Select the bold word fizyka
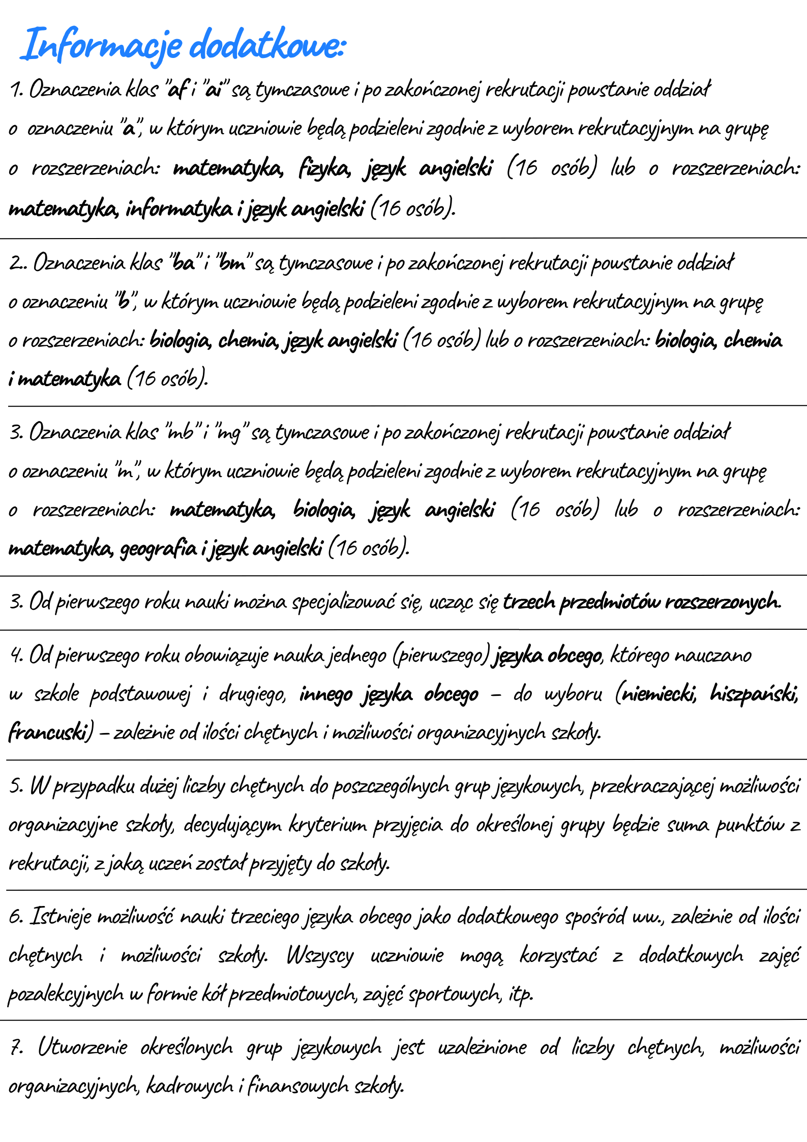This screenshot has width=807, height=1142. click(x=324, y=168)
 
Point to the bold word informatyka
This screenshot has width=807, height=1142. click(x=179, y=208)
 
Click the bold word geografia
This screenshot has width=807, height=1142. click(x=158, y=548)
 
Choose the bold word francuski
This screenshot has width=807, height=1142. click(x=48, y=732)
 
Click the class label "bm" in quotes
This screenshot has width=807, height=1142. click(x=232, y=263)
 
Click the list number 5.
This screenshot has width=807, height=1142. click(x=15, y=786)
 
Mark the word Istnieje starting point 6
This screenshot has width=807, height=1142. click(x=61, y=917)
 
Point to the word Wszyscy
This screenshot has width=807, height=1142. click(x=320, y=955)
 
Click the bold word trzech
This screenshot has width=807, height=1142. click(x=529, y=602)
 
